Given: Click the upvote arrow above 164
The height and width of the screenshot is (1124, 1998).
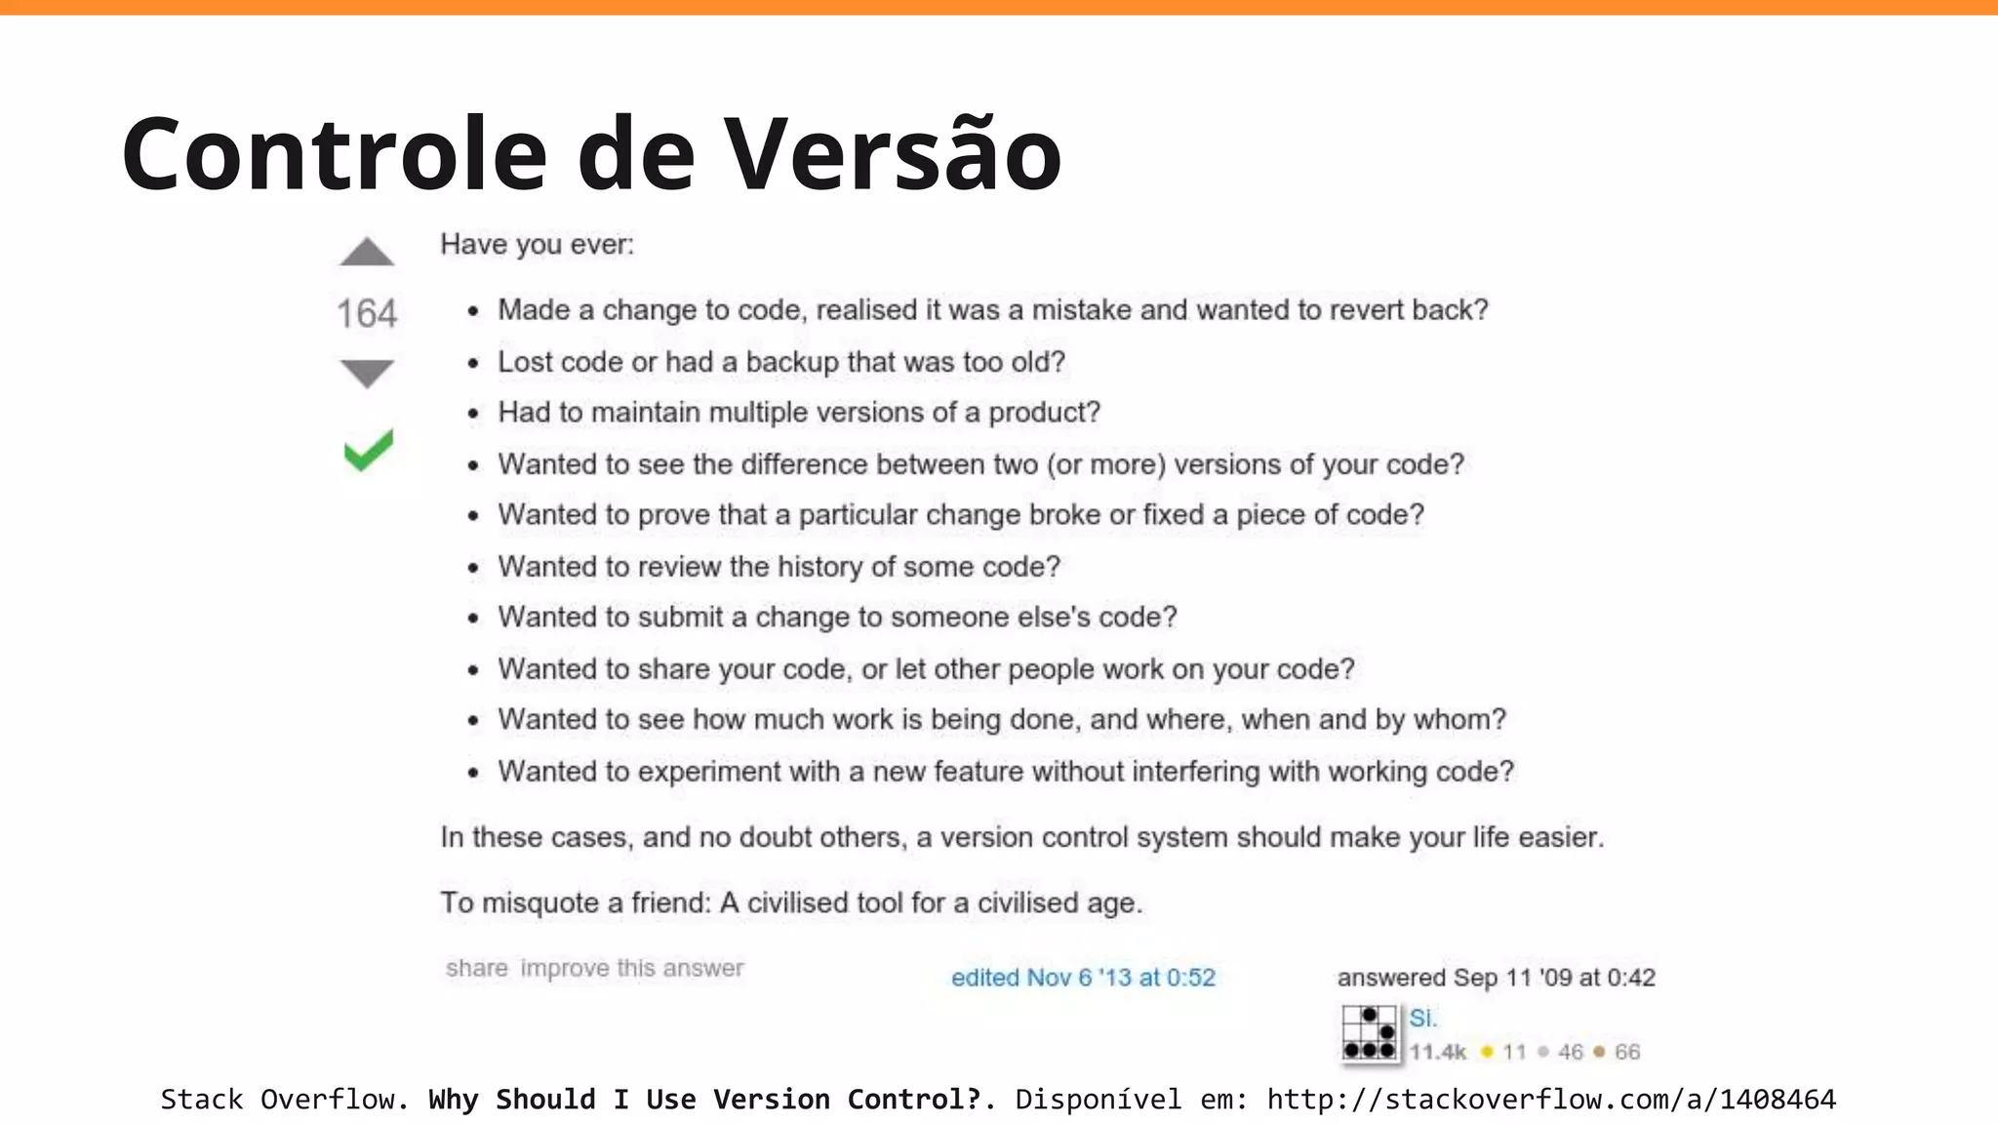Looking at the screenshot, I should (367, 253).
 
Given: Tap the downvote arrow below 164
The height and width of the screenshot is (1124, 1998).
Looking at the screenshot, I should (367, 372).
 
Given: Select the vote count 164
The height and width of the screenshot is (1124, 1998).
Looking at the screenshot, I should (367, 313).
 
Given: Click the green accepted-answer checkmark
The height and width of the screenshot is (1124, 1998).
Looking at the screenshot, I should (369, 450).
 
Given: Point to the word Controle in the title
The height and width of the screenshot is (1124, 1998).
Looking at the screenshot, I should (334, 153).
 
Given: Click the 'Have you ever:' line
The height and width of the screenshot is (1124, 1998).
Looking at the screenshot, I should (537, 244).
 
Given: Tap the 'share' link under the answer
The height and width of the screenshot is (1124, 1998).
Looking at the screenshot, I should (476, 968).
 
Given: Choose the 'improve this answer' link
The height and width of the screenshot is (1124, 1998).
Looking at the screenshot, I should (632, 968).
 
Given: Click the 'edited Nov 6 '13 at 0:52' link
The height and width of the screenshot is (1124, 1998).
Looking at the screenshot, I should (1083, 978).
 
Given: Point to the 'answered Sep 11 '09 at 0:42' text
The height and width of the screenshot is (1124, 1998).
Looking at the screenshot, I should (1496, 978).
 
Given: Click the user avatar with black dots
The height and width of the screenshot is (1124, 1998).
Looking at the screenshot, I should (1369, 1033).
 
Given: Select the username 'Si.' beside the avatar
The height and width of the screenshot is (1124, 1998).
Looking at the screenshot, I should (1422, 1019).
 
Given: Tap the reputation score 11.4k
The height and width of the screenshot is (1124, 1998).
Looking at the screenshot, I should (1437, 1052).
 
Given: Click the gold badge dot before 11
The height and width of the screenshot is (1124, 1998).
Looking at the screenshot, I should (1487, 1052).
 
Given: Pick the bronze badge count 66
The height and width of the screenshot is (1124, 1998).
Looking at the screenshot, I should (1627, 1052).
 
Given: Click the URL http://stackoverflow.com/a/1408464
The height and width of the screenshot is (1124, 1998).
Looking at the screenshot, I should (1551, 1100).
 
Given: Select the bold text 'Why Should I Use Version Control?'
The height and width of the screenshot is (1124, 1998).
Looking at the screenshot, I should (704, 1100).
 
